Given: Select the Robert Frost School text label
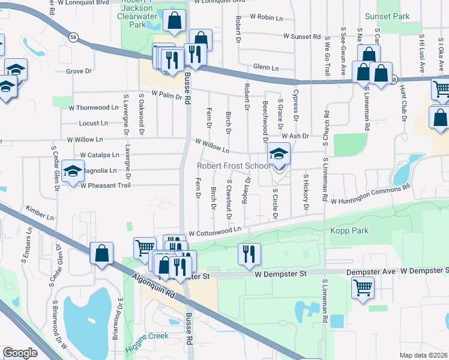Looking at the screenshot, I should tap(235, 166).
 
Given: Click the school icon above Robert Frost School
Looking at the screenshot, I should tap(279, 155).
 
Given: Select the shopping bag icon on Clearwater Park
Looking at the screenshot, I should tap(174, 21).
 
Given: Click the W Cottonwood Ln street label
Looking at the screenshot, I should tap(214, 230).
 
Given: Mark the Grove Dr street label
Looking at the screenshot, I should tap(79, 71).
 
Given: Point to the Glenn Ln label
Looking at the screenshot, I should tap(267, 68).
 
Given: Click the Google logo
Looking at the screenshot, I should tap(20, 353).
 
